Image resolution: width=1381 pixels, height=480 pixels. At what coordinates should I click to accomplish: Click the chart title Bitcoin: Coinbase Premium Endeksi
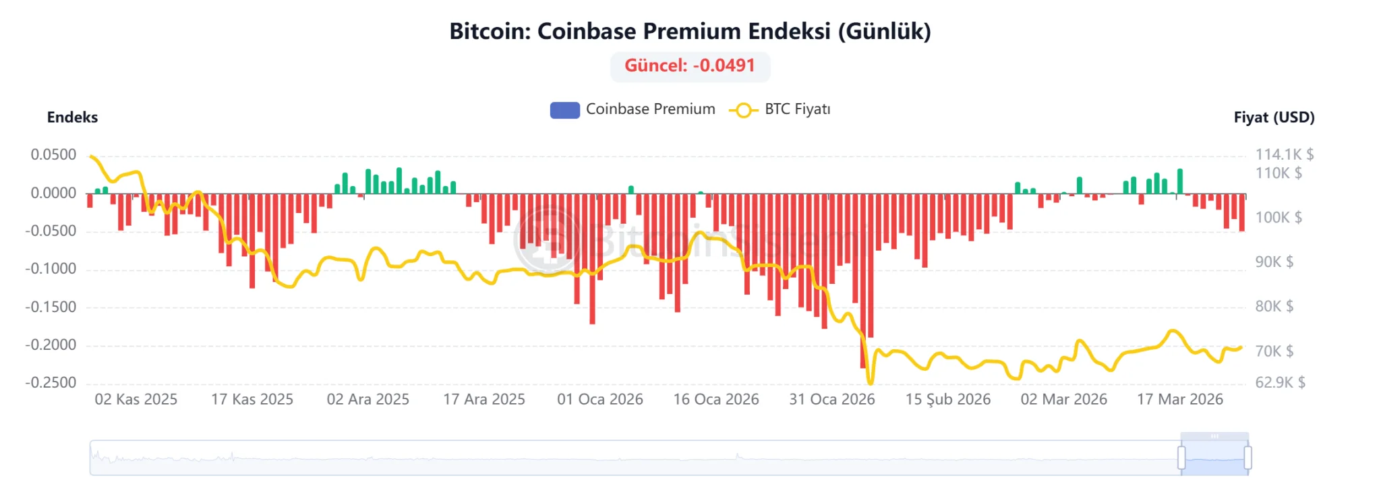[690, 31]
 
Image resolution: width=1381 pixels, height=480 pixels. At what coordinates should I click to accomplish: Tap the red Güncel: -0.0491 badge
[690, 66]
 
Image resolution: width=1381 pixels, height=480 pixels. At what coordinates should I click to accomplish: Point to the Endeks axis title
[72, 117]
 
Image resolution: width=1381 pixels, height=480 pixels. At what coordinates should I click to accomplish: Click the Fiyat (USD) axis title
[1274, 117]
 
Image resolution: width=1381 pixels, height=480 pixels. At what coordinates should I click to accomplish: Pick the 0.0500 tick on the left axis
[53, 155]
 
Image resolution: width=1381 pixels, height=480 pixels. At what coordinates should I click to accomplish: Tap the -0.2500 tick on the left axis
[51, 383]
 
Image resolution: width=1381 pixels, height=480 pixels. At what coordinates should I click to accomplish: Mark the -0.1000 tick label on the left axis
[51, 269]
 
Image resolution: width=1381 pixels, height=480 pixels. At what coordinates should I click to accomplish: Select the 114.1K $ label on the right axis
[1284, 155]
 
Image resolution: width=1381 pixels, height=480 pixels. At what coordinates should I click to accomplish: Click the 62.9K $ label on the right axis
[1280, 383]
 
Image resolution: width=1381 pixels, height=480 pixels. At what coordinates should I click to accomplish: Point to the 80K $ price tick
[1274, 307]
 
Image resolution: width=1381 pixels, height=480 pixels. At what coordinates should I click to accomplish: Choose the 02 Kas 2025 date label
[136, 400]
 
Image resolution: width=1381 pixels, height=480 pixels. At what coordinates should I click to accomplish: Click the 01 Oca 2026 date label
[599, 400]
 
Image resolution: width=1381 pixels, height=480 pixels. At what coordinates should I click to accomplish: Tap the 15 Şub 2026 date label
[947, 400]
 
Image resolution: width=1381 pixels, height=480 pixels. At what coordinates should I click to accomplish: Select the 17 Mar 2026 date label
[1179, 400]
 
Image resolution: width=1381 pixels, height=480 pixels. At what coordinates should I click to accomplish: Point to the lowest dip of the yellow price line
[870, 382]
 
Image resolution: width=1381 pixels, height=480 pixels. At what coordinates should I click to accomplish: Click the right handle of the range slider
[1247, 457]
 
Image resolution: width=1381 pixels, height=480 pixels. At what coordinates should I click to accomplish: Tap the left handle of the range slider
[1181, 457]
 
